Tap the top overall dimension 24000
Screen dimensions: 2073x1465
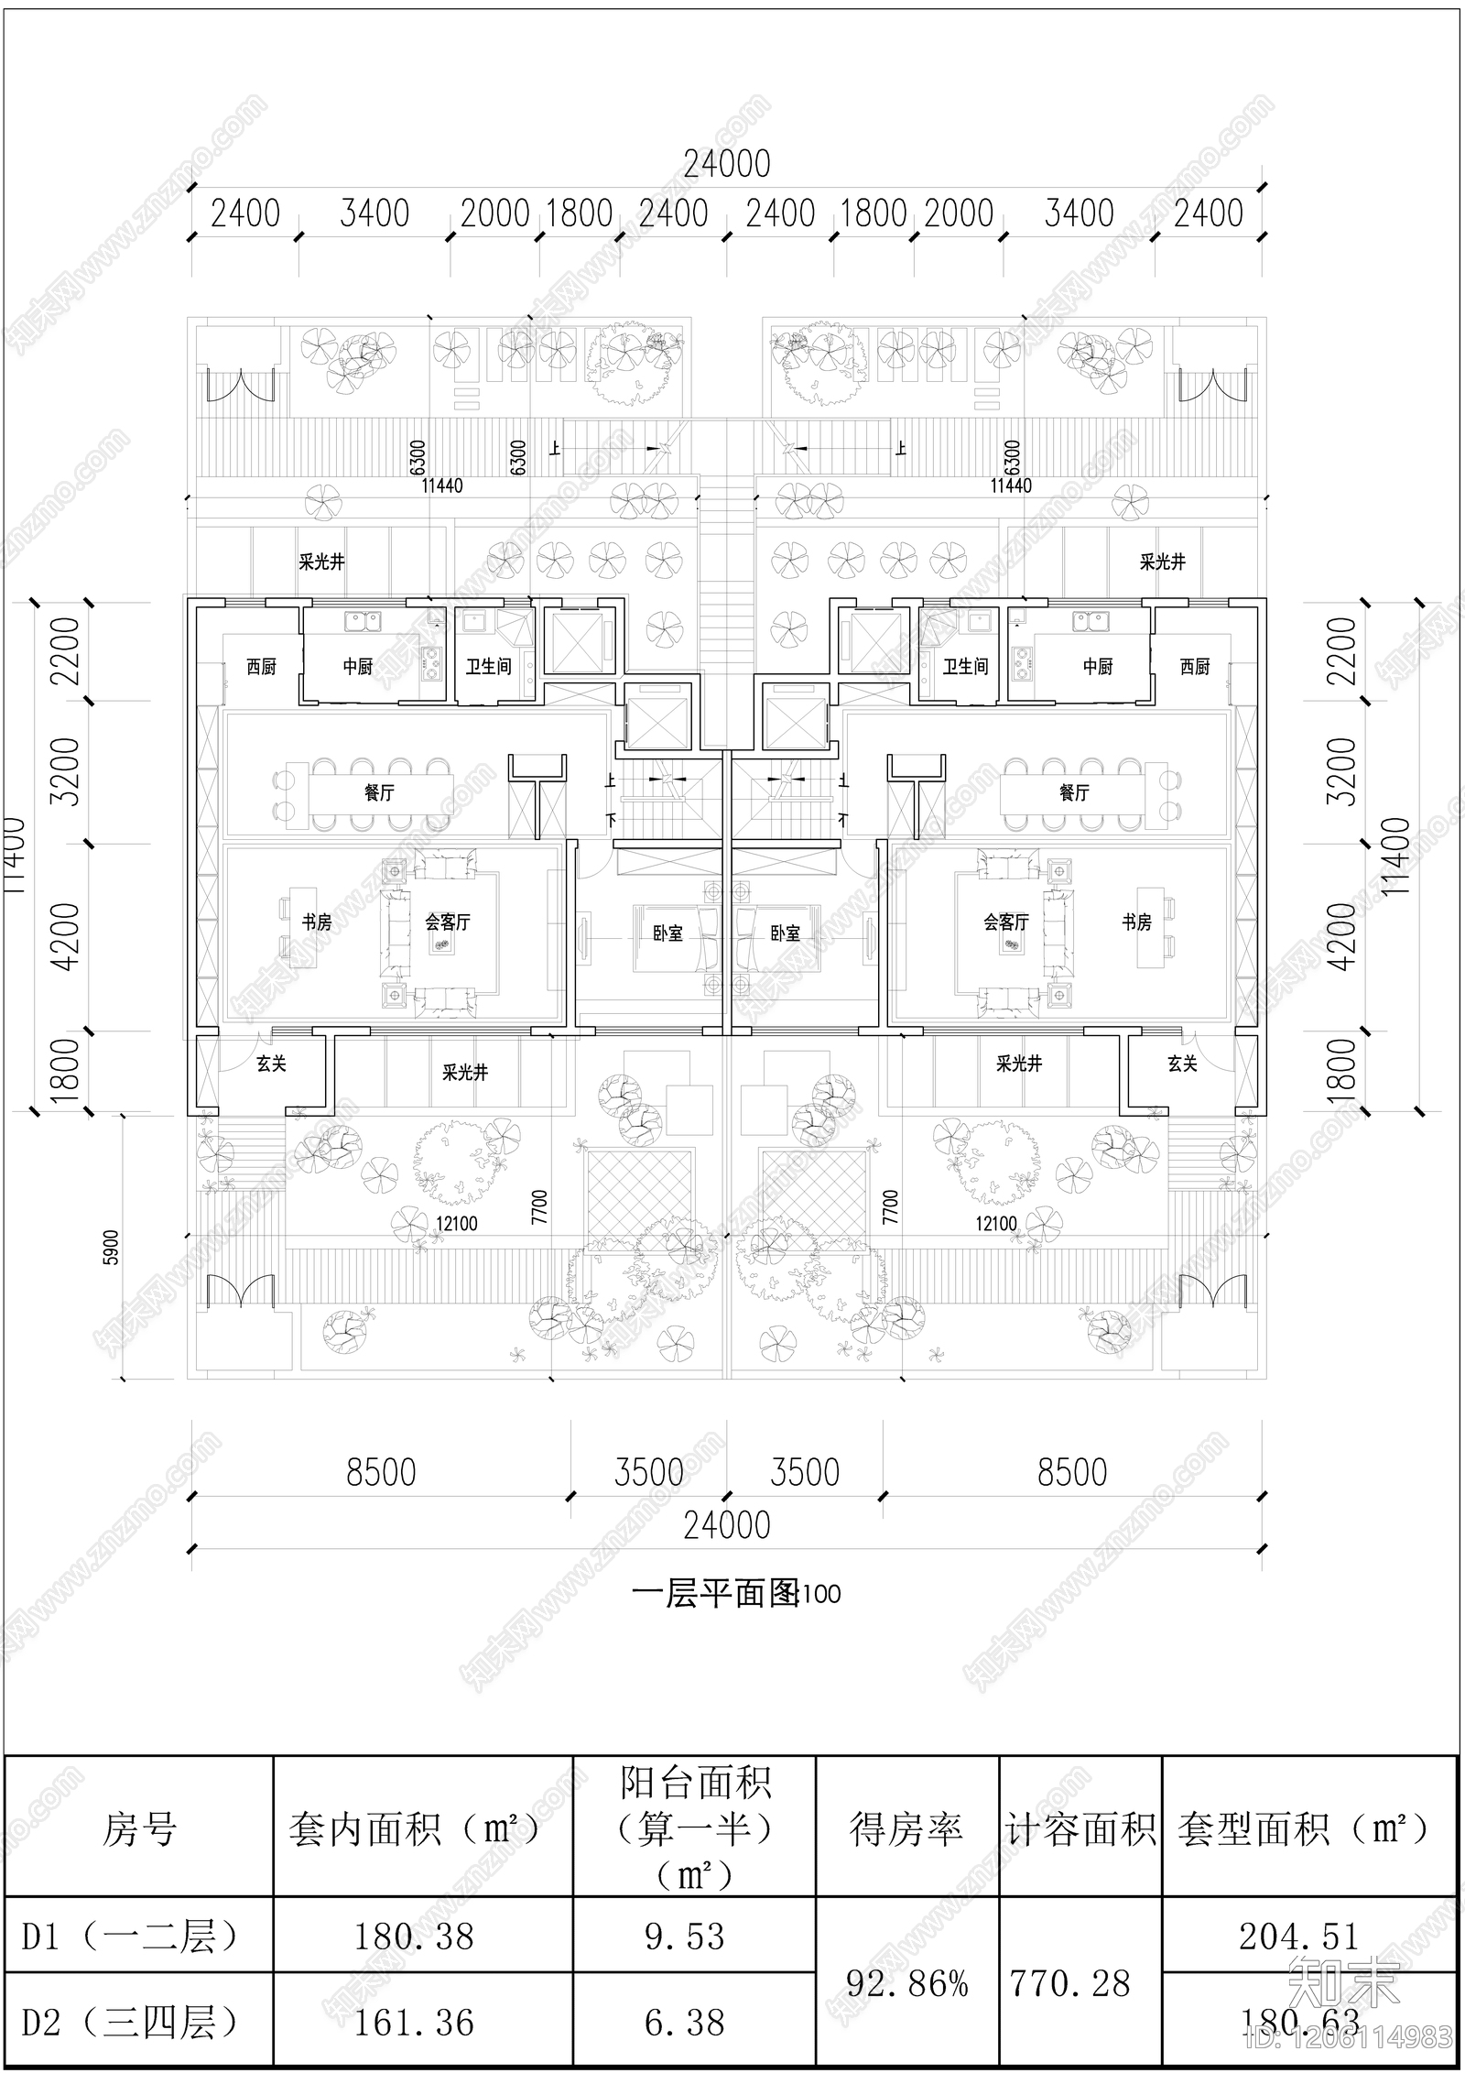727,164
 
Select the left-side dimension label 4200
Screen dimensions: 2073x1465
67,936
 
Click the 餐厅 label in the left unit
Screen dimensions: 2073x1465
379,792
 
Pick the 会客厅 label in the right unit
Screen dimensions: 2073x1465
1006,922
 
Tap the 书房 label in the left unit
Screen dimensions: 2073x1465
317,922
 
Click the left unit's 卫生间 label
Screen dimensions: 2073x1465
488,667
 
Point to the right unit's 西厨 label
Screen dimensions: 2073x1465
1195,667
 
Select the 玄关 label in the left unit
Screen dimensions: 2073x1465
271,1064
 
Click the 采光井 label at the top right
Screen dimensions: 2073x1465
1162,562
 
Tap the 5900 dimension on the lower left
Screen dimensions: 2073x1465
112,1247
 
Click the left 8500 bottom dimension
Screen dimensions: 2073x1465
381,1473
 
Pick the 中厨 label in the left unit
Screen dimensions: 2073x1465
358,667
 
